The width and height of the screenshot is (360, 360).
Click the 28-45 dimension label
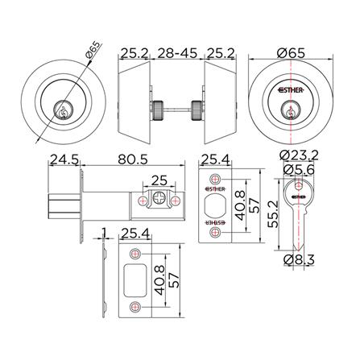(177, 53)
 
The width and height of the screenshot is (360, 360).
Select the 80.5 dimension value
(133, 159)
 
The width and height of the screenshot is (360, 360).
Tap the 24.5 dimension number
(64, 159)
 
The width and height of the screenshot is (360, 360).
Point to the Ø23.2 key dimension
(299, 155)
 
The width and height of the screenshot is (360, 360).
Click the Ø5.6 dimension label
(299, 169)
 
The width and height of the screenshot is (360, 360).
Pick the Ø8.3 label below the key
(299, 259)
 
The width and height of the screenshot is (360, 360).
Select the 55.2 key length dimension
(274, 214)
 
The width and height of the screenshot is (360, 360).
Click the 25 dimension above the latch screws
(159, 180)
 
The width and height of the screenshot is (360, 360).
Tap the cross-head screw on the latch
(159, 199)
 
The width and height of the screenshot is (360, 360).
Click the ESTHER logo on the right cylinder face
(291, 90)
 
